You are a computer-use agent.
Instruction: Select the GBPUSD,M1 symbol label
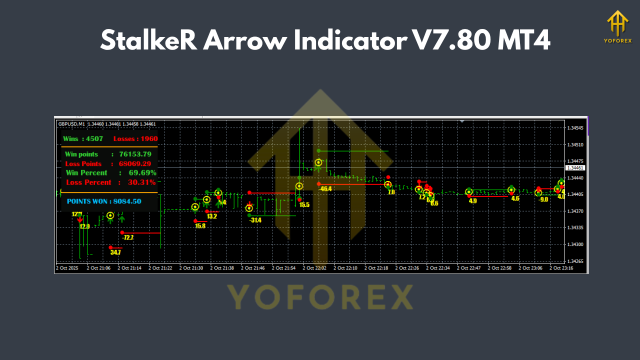pyautogui.click(x=72, y=124)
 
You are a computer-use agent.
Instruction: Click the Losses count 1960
pyautogui.click(x=148, y=138)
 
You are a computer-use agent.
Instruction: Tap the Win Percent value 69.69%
pyautogui.click(x=142, y=173)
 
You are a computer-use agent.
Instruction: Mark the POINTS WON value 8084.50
pyautogui.click(x=127, y=201)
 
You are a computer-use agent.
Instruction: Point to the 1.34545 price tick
pyautogui.click(x=575, y=128)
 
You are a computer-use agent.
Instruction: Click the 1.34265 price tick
pyautogui.click(x=575, y=261)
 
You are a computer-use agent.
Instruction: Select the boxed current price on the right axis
pyautogui.click(x=575, y=168)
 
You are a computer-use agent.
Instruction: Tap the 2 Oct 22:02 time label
pyautogui.click(x=314, y=268)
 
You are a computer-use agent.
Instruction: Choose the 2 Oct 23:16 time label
pyautogui.click(x=561, y=268)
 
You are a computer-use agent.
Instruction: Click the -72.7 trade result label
pyautogui.click(x=127, y=237)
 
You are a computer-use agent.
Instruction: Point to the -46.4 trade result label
pyautogui.click(x=326, y=188)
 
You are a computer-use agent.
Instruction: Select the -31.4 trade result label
pyautogui.click(x=255, y=220)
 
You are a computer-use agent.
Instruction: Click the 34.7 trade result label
pyautogui.click(x=115, y=252)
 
